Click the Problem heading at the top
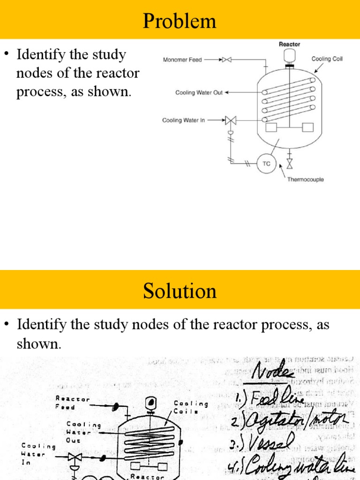pos(180,21)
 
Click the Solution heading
pos(180,291)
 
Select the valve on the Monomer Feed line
pos(226,60)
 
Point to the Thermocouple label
pos(305,180)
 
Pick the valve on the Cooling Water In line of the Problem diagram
pos(231,120)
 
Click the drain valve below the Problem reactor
pos(289,164)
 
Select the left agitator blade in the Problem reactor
pos(271,127)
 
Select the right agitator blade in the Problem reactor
pos(307,127)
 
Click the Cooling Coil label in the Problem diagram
pos(327,59)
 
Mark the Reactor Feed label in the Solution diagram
pos(72,403)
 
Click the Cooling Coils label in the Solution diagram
pos(191,407)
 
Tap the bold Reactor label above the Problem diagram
pos(290,44)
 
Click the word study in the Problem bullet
pos(108,55)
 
